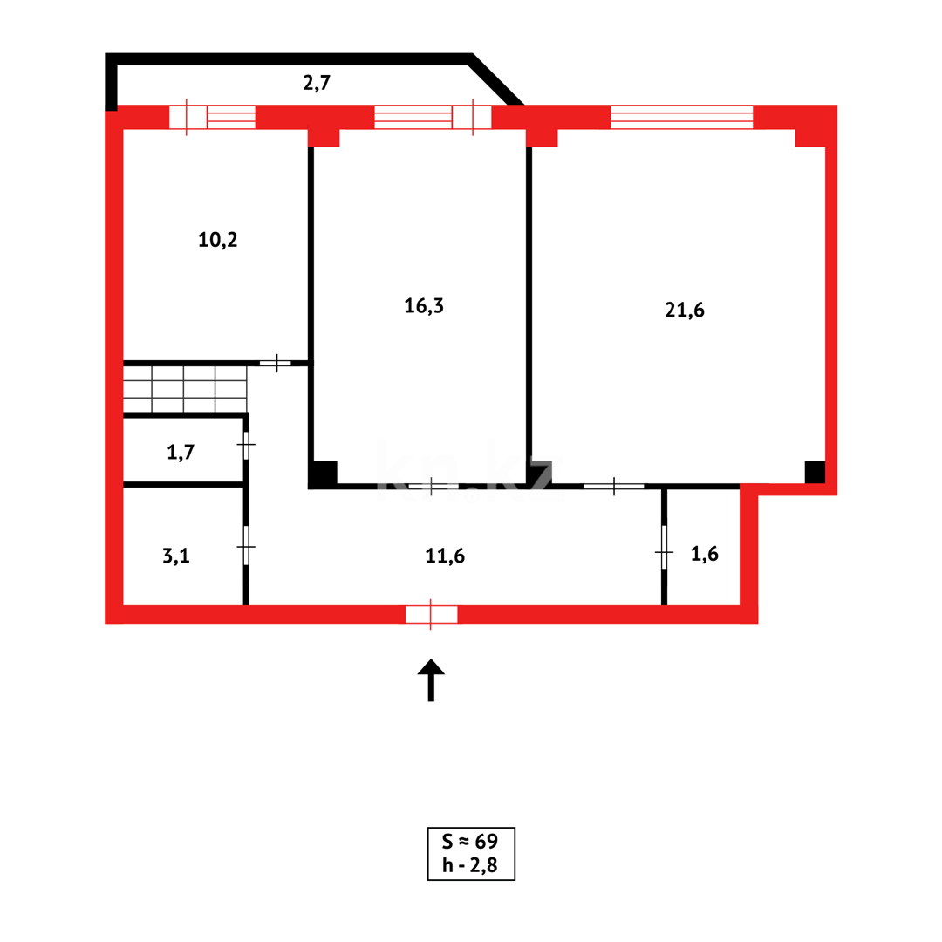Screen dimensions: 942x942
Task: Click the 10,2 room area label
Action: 217,240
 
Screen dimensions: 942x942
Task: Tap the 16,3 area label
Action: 424,305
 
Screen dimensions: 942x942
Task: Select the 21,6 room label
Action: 685,310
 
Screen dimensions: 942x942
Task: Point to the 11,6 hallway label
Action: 445,556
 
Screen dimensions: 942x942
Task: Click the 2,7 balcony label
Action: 317,84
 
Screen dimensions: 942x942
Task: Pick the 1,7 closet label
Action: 181,452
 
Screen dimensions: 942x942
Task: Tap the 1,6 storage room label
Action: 705,554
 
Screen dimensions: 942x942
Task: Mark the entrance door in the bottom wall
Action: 431,614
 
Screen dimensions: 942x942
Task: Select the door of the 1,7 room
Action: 246,445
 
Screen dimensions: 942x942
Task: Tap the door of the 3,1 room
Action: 246,546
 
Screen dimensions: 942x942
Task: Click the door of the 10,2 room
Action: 276,363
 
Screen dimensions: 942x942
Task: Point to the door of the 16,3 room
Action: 433,486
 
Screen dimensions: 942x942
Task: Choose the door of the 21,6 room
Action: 614,486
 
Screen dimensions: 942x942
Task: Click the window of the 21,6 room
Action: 681,117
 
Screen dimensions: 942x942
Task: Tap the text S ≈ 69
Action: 470,841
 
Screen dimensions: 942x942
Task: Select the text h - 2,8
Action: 470,865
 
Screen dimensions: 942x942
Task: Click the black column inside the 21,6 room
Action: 814,472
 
